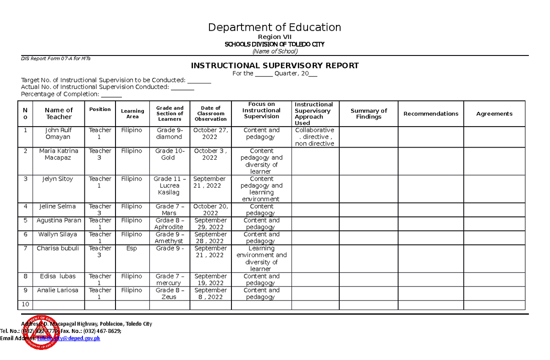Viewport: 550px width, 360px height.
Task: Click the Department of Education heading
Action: click(x=275, y=28)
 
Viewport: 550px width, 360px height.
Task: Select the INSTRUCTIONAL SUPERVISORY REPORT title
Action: click(x=275, y=66)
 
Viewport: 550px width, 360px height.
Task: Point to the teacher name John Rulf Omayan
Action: click(x=58, y=133)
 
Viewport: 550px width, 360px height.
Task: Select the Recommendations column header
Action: click(x=430, y=114)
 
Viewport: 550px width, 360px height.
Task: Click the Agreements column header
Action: click(x=494, y=114)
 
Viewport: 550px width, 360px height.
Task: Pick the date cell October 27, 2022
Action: click(x=210, y=133)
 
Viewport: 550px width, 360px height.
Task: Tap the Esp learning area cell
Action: click(x=132, y=249)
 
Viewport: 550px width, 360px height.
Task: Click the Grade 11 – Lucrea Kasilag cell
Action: click(x=169, y=186)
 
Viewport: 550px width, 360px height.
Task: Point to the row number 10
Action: click(x=25, y=305)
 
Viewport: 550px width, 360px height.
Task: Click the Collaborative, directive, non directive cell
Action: click(x=314, y=137)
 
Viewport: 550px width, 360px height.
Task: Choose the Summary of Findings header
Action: click(x=368, y=114)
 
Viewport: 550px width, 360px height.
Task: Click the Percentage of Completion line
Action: click(x=71, y=94)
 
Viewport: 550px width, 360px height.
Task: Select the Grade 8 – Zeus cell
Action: click(x=169, y=294)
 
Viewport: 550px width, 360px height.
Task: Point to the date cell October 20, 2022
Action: click(x=210, y=210)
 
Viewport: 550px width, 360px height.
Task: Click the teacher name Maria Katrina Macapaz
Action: click(x=58, y=154)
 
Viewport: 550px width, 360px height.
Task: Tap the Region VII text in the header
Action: click(x=275, y=37)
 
